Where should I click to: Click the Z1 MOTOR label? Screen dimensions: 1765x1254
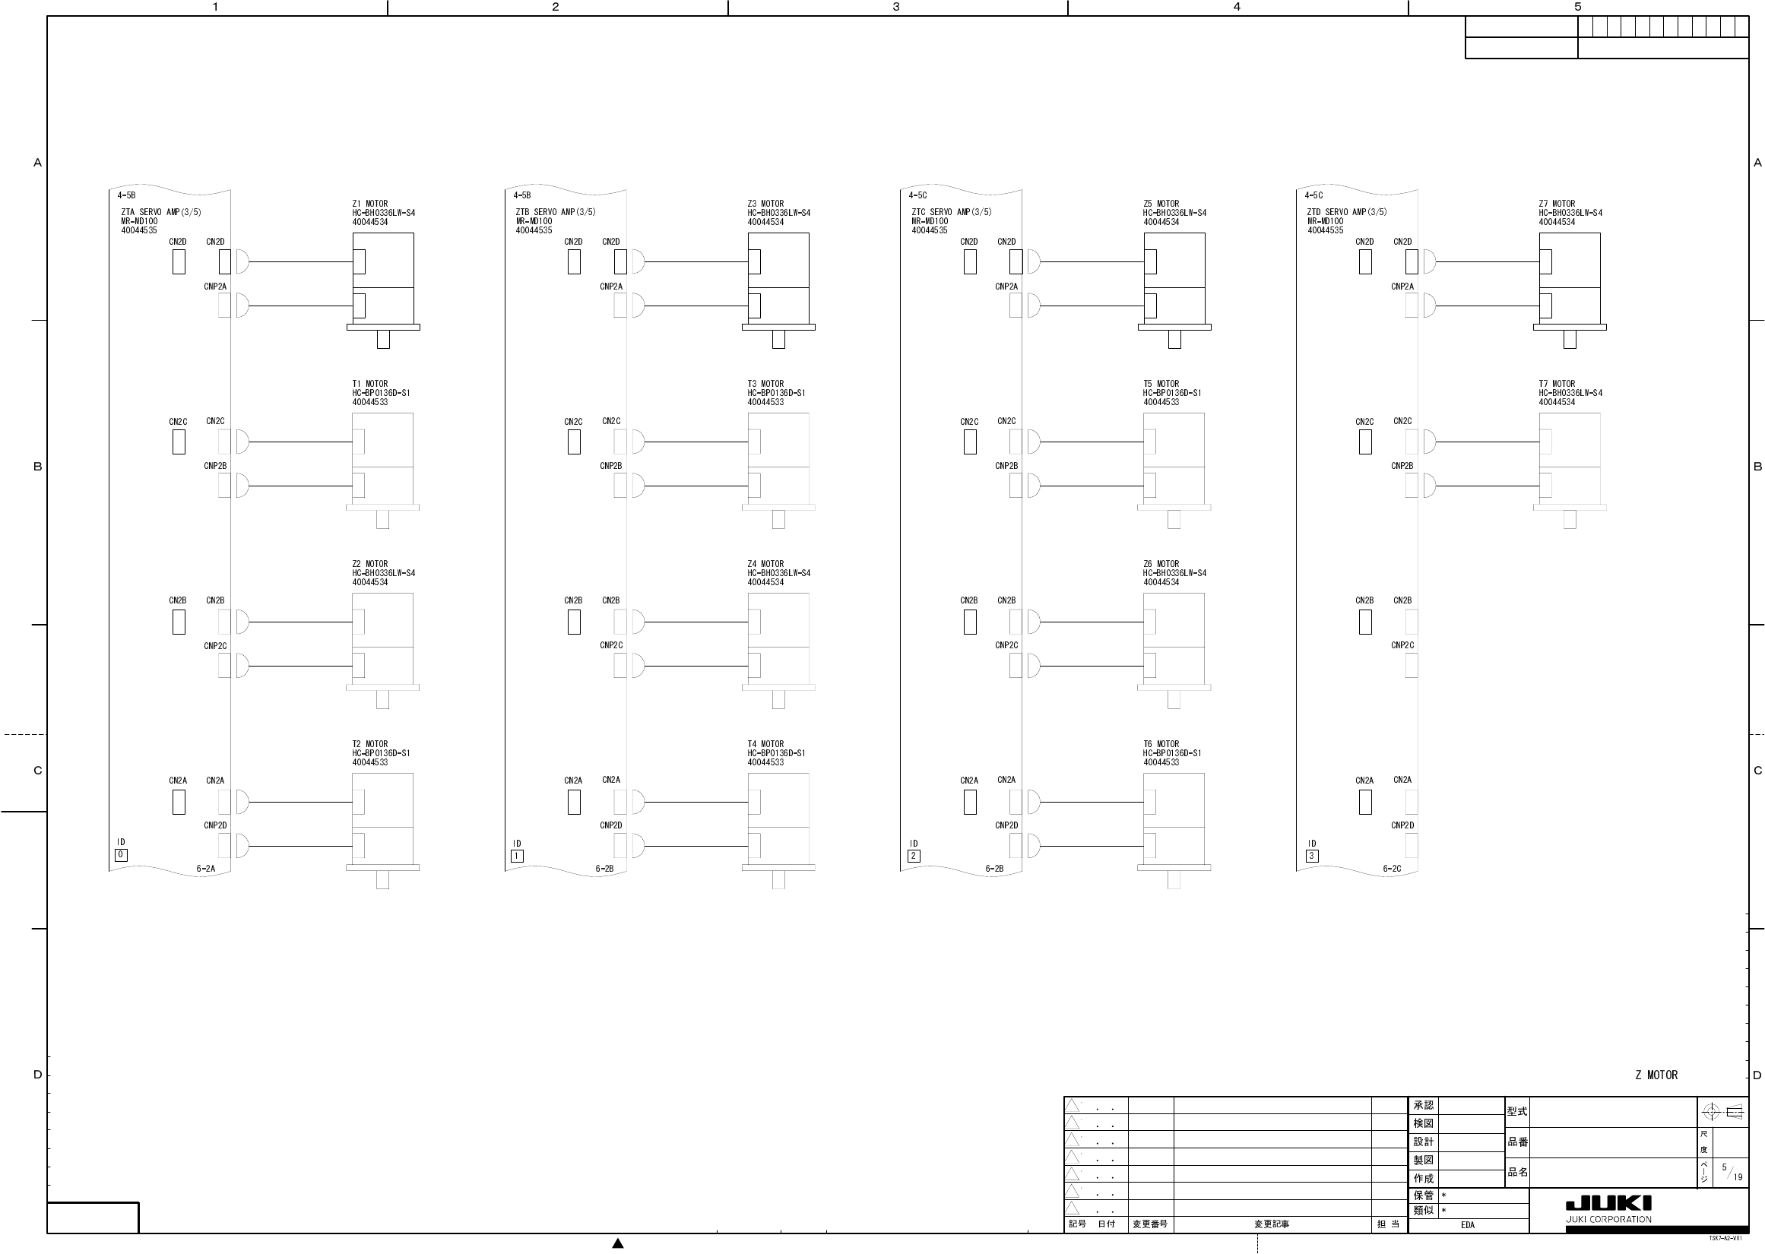click(x=370, y=204)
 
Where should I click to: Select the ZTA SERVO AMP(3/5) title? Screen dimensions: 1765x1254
click(x=160, y=211)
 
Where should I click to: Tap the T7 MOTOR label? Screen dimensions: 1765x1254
click(x=1557, y=384)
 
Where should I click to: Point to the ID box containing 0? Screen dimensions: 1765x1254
click(x=121, y=855)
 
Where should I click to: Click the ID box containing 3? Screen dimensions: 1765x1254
click(x=1311, y=856)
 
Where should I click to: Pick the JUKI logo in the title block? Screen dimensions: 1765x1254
click(x=1608, y=1204)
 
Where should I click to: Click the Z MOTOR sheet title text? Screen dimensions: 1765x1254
click(x=1656, y=1075)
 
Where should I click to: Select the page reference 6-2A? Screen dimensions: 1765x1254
click(x=205, y=869)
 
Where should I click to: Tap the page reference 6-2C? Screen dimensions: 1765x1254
click(x=1392, y=869)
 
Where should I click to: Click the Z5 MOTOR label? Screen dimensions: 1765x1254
click(x=1161, y=204)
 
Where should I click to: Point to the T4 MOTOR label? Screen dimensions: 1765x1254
click(x=765, y=744)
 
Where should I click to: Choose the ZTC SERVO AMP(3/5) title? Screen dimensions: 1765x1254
click(x=951, y=211)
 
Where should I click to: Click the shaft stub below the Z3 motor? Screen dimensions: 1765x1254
click(x=778, y=339)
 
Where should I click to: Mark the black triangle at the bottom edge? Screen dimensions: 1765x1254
click(x=618, y=1243)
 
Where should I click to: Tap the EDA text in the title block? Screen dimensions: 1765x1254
click(x=1468, y=1225)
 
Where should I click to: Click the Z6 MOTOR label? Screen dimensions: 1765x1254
click(x=1161, y=564)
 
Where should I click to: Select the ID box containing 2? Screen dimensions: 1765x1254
click(x=914, y=856)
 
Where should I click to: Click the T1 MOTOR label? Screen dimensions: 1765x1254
click(x=370, y=384)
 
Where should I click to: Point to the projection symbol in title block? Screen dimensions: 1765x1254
click(x=1722, y=1112)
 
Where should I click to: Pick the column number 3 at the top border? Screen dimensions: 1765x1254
click(x=895, y=7)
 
